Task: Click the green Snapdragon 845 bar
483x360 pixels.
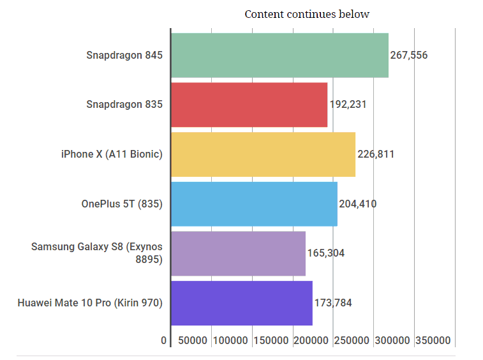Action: pos(279,55)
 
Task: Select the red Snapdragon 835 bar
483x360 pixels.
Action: pos(249,105)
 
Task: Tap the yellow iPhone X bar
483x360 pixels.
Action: pos(263,154)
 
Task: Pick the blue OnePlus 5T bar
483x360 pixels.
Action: pos(254,204)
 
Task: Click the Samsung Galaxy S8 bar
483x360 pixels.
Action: pos(238,253)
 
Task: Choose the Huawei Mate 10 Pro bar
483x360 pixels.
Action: pos(241,303)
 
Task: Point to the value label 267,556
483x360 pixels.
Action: pos(409,55)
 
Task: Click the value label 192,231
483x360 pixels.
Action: pos(348,105)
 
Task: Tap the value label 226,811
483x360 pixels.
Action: pos(376,154)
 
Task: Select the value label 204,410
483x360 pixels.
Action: pos(358,204)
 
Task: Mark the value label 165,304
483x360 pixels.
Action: pos(326,253)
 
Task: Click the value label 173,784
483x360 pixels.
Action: pos(333,303)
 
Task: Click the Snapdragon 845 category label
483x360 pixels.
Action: pos(124,55)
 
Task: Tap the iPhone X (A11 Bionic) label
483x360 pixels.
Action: pos(112,154)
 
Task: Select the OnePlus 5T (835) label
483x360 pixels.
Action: pos(122,204)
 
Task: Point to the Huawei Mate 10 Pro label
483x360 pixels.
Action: pos(90,303)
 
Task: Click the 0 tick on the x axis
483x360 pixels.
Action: pos(164,341)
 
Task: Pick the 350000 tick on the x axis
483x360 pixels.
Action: pos(433,341)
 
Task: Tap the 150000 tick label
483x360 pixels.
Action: pos(271,341)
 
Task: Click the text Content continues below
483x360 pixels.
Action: pos(307,14)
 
